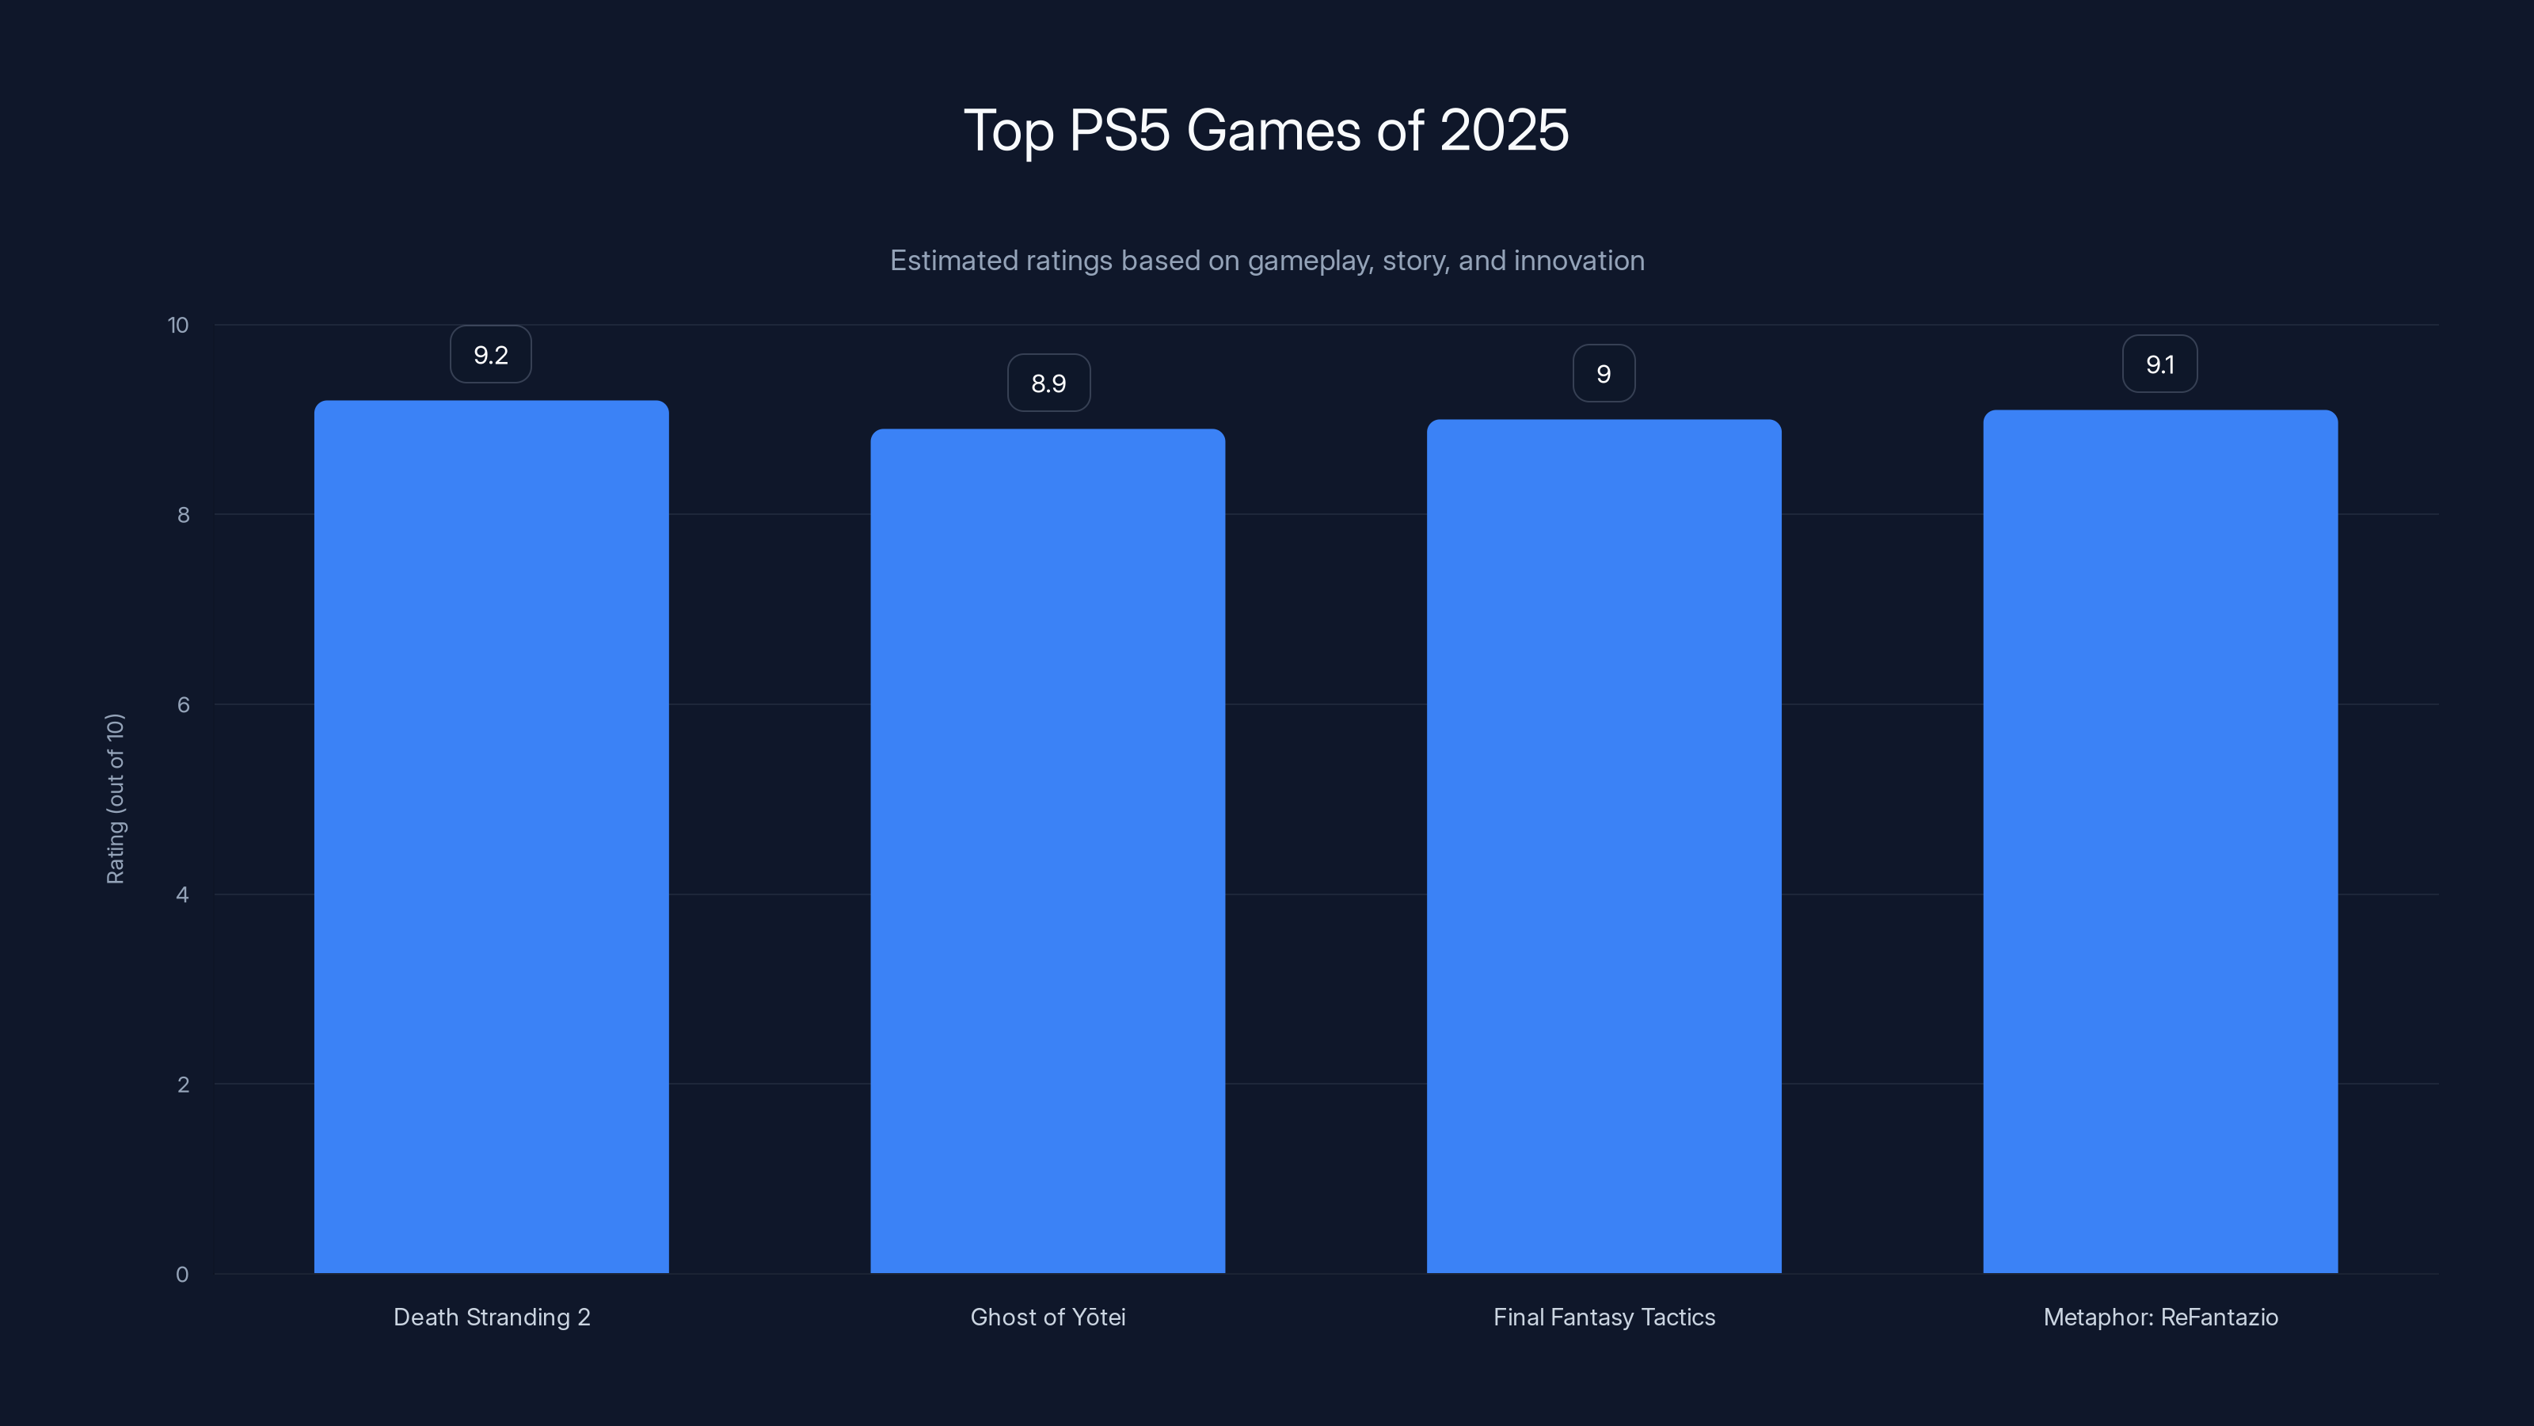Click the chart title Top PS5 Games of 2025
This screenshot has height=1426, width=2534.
click(1266, 130)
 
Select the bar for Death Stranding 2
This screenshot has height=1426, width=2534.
click(491, 837)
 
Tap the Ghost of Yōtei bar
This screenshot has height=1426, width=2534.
click(1048, 852)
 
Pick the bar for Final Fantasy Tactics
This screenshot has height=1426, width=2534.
click(1604, 846)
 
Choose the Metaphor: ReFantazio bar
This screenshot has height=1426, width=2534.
click(2160, 841)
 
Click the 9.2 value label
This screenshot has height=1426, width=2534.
click(491, 354)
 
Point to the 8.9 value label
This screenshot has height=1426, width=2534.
click(1048, 383)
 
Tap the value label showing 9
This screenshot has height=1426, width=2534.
click(1604, 374)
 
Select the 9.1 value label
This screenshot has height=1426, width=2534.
click(2159, 364)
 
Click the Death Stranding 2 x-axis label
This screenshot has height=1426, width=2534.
click(492, 1317)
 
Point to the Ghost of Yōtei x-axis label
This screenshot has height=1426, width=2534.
click(1048, 1317)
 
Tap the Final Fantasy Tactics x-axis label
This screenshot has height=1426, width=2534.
click(1604, 1317)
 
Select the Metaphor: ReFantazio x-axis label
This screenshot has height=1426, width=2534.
click(2160, 1317)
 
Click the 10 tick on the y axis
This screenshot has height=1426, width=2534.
click(178, 325)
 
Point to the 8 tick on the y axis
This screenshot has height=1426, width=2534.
click(183, 515)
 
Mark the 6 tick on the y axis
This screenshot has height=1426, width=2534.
click(183, 704)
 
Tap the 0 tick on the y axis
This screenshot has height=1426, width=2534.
click(182, 1275)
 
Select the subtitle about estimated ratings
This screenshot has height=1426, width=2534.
click(1267, 261)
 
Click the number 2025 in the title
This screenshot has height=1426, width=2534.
click(1503, 130)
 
